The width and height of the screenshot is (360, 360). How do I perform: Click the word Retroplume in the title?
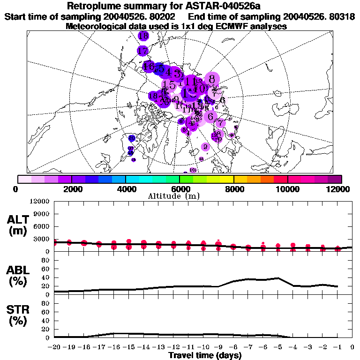[x=96, y=6]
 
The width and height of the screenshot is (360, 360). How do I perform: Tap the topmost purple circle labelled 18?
[x=143, y=36]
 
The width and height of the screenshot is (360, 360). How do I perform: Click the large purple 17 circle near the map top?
[x=143, y=51]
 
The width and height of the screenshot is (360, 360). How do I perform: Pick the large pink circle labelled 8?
[x=212, y=79]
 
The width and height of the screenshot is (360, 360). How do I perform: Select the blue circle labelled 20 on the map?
[x=132, y=138]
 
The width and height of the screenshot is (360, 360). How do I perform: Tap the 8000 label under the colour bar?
[x=233, y=189]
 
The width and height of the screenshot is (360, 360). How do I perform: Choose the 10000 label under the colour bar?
[x=287, y=189]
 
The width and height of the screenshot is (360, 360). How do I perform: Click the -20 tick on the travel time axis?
[x=54, y=347]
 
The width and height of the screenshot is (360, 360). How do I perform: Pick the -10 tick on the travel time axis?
[x=203, y=347]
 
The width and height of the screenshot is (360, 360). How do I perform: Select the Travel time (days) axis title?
[x=205, y=355]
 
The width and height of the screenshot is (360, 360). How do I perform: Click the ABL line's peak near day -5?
[x=278, y=278]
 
